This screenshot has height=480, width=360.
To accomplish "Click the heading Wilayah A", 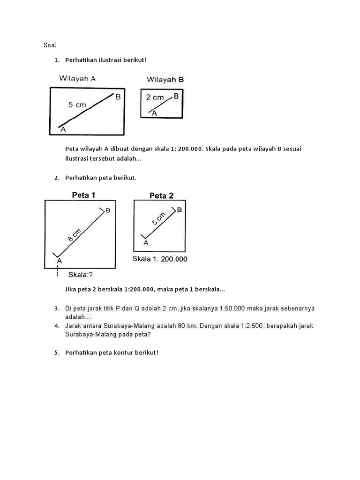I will (x=77, y=79).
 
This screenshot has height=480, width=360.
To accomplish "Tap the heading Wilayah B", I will (x=165, y=80).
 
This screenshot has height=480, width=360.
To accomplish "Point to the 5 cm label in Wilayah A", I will (x=77, y=105).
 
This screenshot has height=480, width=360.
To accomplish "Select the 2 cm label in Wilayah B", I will (x=155, y=97).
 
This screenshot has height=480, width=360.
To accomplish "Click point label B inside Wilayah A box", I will (x=118, y=97).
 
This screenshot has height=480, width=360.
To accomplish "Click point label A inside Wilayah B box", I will (x=154, y=113).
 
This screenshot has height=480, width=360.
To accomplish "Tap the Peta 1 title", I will (x=83, y=194).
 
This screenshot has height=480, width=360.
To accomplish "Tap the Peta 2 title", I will (x=161, y=196).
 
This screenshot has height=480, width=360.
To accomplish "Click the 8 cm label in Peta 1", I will (x=74, y=234).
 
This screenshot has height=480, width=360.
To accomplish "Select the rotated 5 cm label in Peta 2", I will (x=159, y=219).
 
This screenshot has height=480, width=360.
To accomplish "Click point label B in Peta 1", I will (x=108, y=211).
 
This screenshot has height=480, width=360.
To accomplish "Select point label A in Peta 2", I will (x=145, y=243).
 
